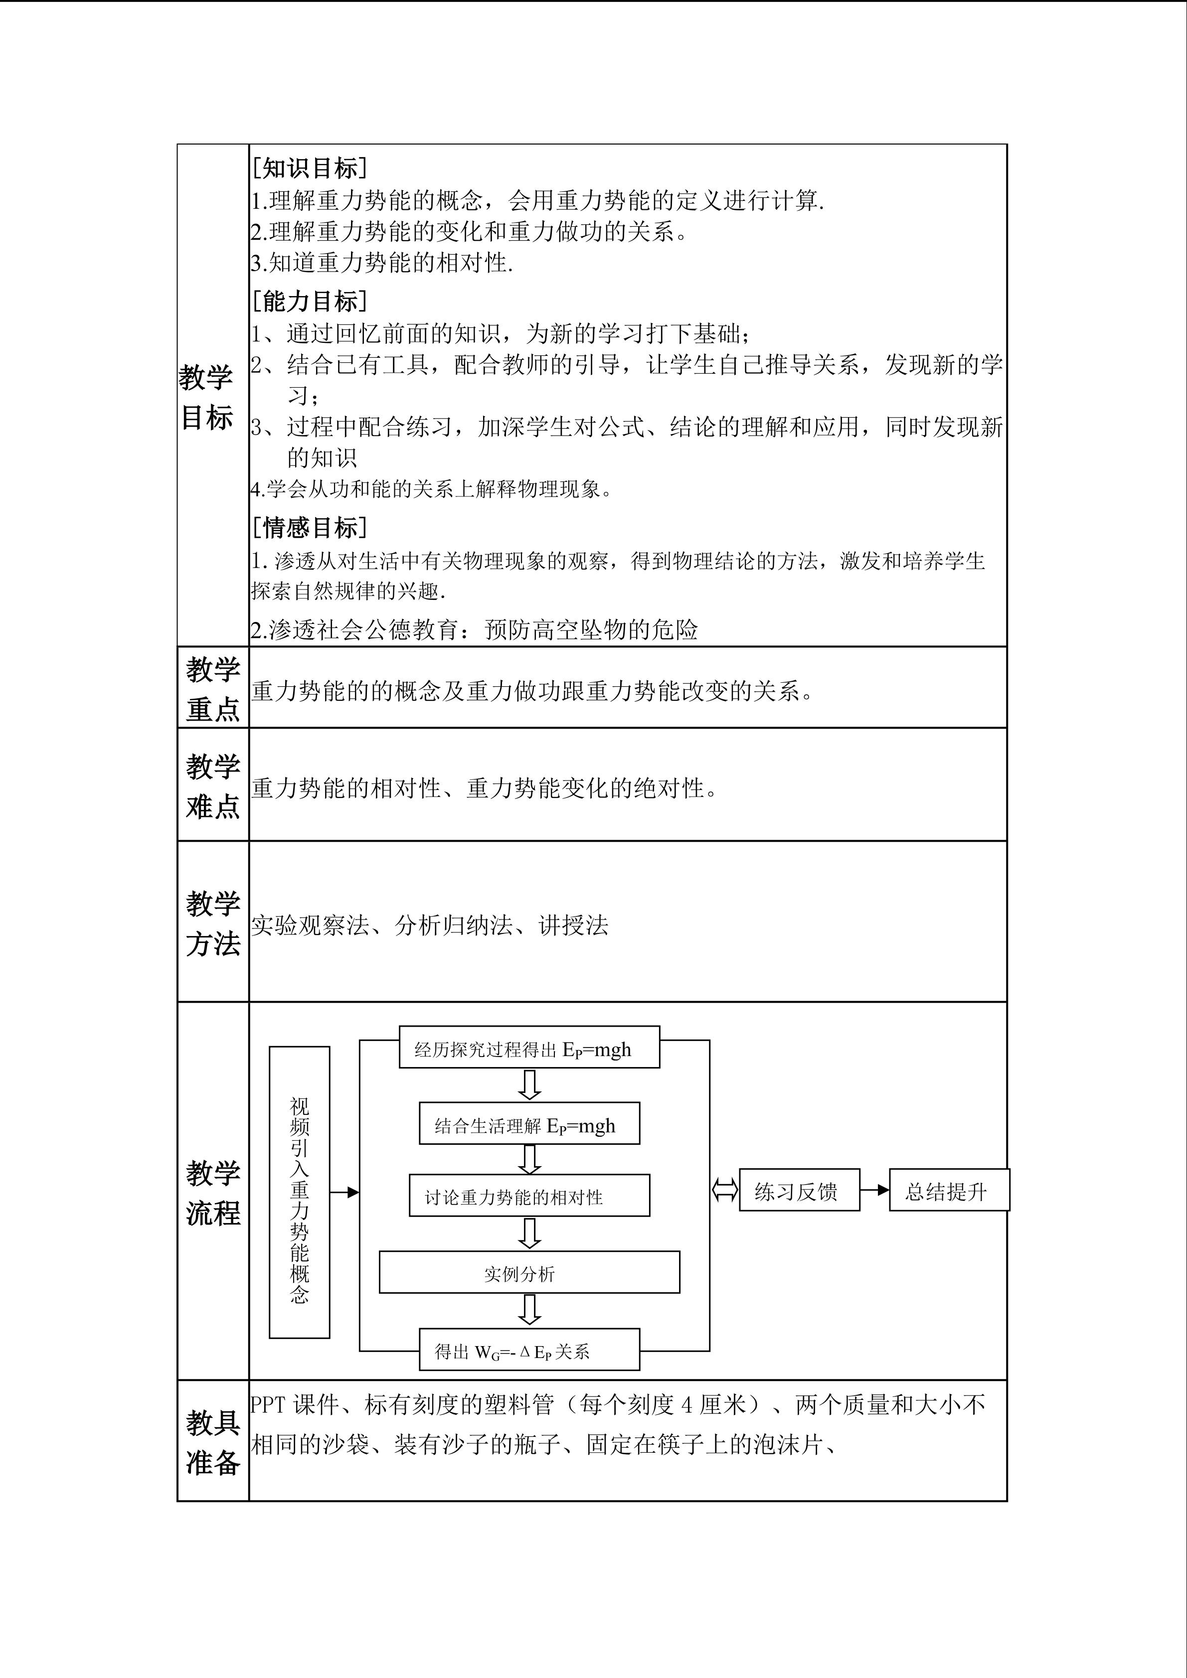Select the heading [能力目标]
[x=309, y=301]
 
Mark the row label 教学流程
[x=213, y=1193]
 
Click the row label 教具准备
[x=213, y=1443]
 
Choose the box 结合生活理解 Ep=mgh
[x=528, y=1125]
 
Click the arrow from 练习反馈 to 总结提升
[x=874, y=1191]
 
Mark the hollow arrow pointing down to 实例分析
[x=529, y=1233]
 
